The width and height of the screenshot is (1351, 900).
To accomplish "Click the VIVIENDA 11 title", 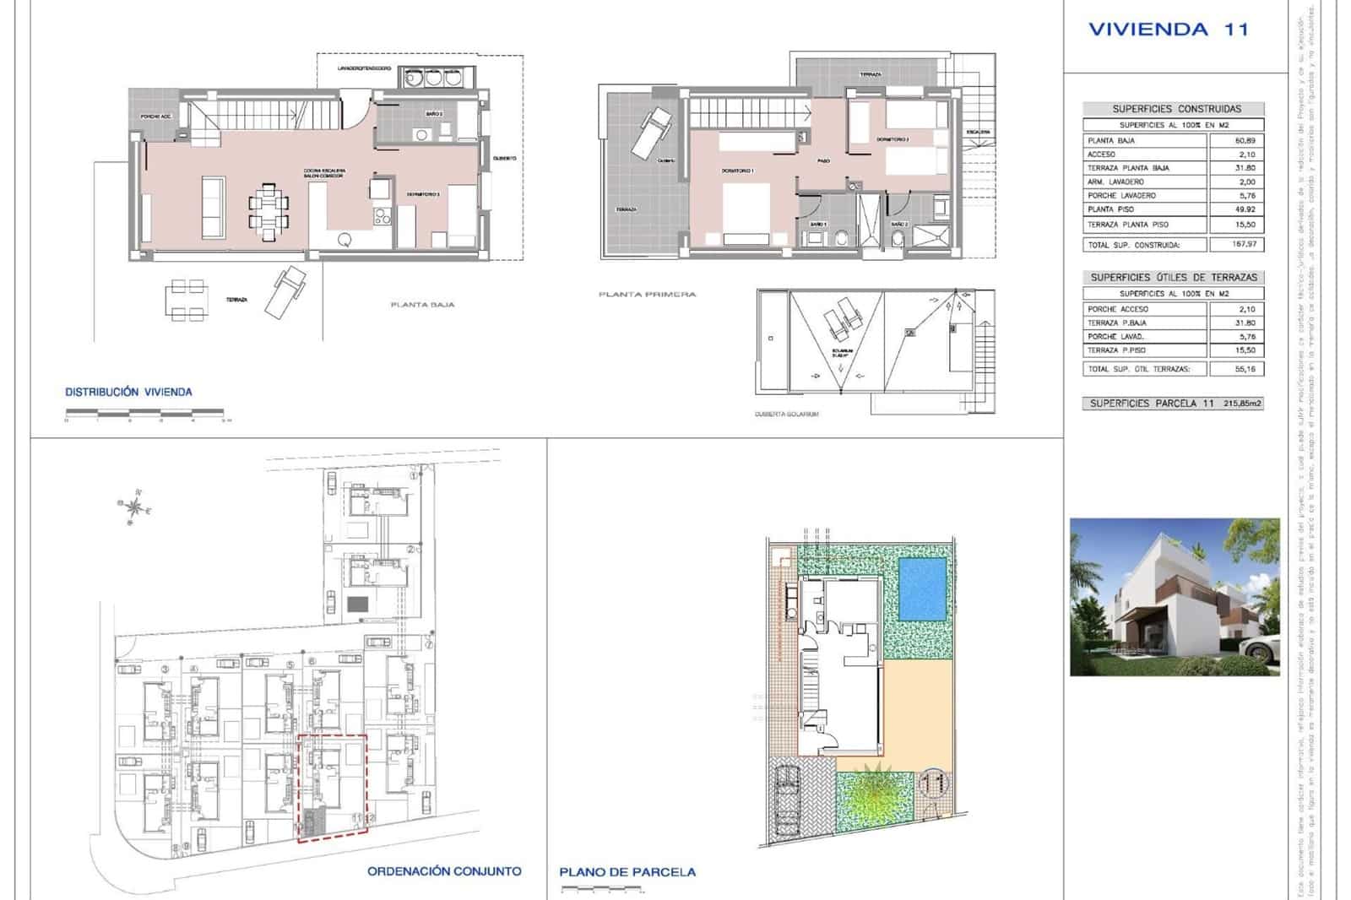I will point(1168,30).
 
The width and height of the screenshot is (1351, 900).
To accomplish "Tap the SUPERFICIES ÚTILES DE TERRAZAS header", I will point(1173,277).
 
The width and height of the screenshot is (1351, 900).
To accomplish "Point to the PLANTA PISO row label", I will point(1110,209).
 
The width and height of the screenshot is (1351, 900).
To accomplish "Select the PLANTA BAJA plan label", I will point(422,305).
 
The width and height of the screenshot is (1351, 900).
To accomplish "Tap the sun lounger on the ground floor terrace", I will point(285,292).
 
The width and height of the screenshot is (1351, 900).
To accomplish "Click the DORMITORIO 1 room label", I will point(736,171).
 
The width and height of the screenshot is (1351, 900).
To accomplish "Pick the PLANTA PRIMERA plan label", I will point(647,295).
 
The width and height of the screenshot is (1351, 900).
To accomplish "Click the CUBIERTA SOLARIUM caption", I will point(786,414).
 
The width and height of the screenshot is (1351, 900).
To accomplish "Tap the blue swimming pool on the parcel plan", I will point(923,588).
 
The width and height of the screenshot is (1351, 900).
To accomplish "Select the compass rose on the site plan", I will point(133,507).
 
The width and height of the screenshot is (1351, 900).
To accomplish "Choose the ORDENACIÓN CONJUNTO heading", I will point(444,871).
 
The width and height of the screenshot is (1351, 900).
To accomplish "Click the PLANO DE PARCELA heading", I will point(627,872).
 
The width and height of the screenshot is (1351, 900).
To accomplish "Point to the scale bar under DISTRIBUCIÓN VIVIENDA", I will point(145,413).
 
